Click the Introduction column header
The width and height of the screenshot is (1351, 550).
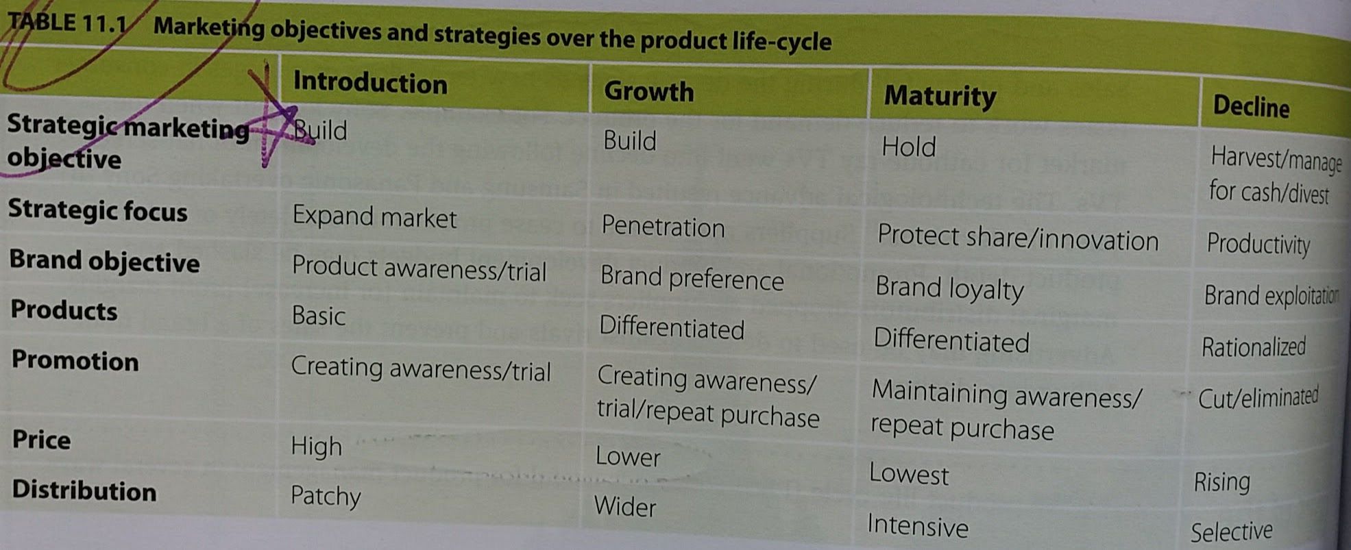(x=370, y=83)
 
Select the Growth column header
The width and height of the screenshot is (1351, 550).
(x=648, y=91)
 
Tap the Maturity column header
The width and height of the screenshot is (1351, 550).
(x=940, y=97)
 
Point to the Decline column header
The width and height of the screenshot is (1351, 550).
(x=1251, y=106)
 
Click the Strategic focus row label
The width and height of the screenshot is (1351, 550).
(x=97, y=210)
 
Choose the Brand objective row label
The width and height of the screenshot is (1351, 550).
(x=104, y=262)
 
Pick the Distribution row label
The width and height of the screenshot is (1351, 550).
(x=84, y=490)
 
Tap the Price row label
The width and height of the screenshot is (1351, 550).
(x=41, y=439)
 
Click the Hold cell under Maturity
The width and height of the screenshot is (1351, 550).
(x=908, y=147)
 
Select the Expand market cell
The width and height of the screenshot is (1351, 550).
(x=374, y=217)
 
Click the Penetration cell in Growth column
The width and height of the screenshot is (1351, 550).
(x=663, y=227)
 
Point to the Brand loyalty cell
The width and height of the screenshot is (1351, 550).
(x=949, y=288)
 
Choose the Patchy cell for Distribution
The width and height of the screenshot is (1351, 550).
(x=326, y=496)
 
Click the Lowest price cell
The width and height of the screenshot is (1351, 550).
(x=909, y=474)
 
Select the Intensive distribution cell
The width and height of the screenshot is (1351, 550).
(x=918, y=526)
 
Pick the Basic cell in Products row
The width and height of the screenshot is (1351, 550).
(x=318, y=316)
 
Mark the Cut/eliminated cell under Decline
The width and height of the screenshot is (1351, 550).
(x=1258, y=397)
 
